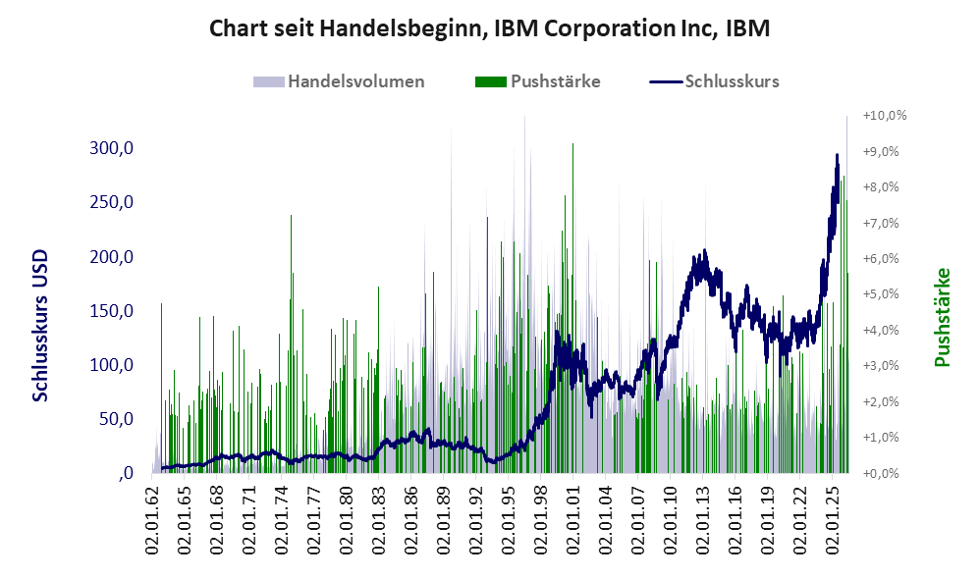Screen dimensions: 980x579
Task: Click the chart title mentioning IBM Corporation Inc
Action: pos(489,28)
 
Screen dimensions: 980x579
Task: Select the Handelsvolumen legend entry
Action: pos(339,81)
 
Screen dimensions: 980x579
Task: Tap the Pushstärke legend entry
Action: pos(537,81)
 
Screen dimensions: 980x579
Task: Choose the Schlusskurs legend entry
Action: pos(714,81)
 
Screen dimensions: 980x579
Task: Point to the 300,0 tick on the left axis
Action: pos(111,148)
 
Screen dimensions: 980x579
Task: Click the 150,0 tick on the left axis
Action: pos(111,310)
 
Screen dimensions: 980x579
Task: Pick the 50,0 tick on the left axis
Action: pos(116,418)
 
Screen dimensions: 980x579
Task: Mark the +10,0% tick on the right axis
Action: pos(885,116)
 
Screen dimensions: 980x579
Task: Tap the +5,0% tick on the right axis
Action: pos(881,294)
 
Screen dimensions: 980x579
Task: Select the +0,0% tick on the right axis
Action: pos(881,473)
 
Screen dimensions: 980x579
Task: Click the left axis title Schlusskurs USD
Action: pos(40,326)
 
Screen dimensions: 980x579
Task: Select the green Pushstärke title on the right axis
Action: pos(942,317)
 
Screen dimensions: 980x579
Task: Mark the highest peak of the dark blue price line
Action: pos(837,154)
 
